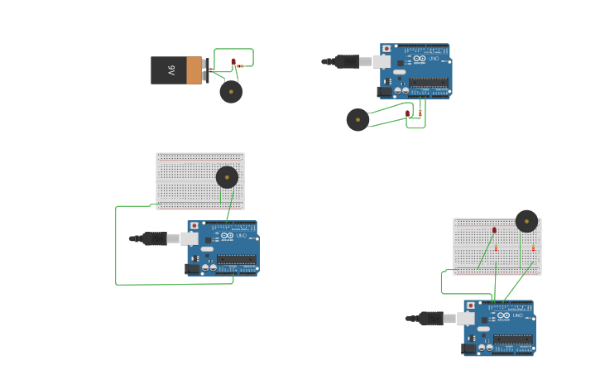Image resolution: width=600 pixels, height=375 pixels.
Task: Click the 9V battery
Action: pyautogui.click(x=175, y=70)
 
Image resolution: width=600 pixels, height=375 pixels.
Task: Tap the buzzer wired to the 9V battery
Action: pyautogui.click(x=231, y=92)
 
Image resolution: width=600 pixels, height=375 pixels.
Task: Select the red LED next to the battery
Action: pyautogui.click(x=233, y=61)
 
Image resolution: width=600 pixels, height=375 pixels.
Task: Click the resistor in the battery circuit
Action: pyautogui.click(x=241, y=65)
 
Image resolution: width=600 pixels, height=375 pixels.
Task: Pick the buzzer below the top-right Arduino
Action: pyautogui.click(x=358, y=120)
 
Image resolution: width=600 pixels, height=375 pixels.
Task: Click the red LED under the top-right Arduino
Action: pyautogui.click(x=408, y=113)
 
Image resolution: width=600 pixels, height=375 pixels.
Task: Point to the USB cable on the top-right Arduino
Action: pyautogui.click(x=352, y=61)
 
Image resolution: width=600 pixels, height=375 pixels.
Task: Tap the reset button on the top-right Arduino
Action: pyautogui.click(x=386, y=49)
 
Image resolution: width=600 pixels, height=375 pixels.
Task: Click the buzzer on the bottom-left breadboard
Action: pyautogui.click(x=227, y=177)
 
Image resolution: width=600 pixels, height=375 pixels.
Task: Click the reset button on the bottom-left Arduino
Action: pyautogui.click(x=193, y=225)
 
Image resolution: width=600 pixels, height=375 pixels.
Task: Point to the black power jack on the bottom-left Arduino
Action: pyautogui.click(x=192, y=268)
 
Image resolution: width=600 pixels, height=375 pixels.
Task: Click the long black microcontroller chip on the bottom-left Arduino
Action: pyautogui.click(x=237, y=259)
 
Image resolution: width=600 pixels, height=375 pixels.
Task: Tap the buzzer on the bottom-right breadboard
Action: pyautogui.click(x=527, y=221)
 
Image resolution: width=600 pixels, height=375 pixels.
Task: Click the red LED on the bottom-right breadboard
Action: pyautogui.click(x=494, y=230)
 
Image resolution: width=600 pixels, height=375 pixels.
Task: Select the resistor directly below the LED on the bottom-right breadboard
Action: pyautogui.click(x=496, y=248)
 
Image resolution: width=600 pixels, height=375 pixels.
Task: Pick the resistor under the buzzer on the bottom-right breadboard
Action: pyautogui.click(x=533, y=248)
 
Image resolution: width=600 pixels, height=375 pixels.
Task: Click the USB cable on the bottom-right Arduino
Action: pyautogui.click(x=435, y=319)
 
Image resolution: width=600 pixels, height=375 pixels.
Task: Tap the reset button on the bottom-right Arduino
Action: pyautogui.click(x=469, y=305)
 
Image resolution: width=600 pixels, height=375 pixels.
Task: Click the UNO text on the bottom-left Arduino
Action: pyautogui.click(x=242, y=236)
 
